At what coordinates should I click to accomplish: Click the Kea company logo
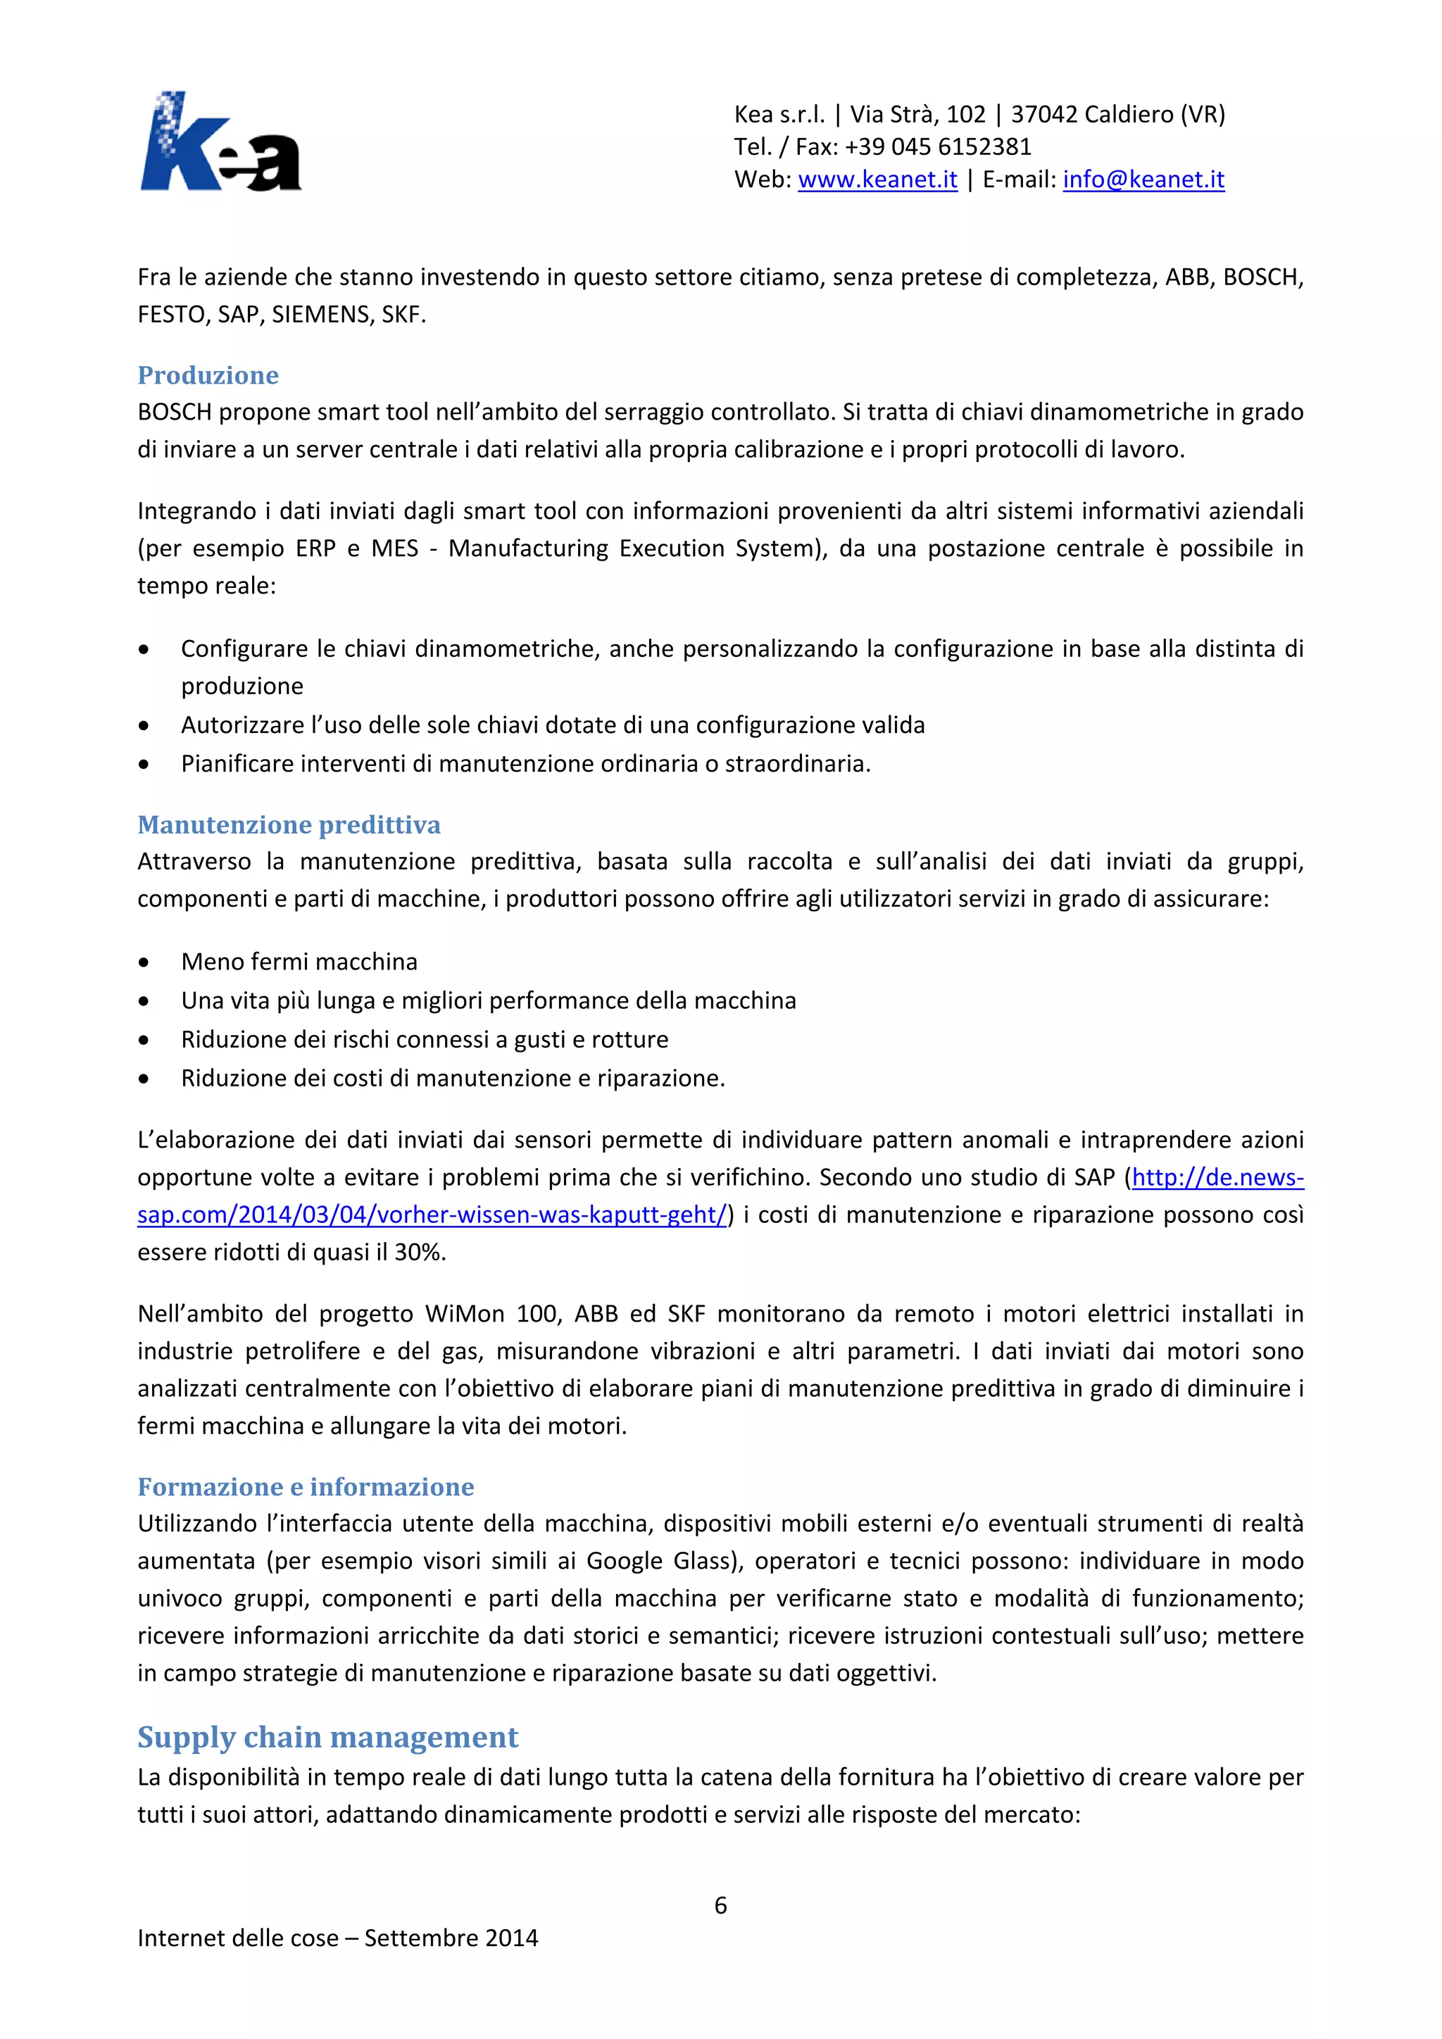pos(220,142)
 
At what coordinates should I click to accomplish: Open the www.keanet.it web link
pos(877,180)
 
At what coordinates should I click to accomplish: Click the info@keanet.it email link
pos(1143,180)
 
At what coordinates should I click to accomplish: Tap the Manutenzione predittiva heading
pos(289,824)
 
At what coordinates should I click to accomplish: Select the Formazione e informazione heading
pos(306,1486)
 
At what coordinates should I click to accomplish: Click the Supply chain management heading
pos(327,1737)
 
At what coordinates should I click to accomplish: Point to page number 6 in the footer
pos(720,1905)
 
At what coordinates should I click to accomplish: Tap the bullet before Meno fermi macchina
pos(144,962)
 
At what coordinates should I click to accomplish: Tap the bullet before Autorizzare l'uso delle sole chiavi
pos(144,726)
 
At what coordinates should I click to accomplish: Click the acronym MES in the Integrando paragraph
pos(395,548)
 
